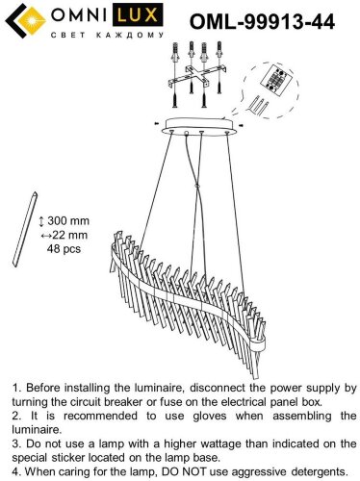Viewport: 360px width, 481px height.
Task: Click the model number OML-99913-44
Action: pyautogui.click(x=262, y=22)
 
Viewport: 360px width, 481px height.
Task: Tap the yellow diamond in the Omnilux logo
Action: pyautogui.click(x=32, y=21)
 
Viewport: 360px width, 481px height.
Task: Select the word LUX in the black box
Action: pyautogui.click(x=137, y=15)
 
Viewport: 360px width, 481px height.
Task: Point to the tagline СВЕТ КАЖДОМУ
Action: pyautogui.click(x=108, y=35)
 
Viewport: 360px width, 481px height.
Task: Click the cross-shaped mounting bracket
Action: pyautogui.click(x=198, y=76)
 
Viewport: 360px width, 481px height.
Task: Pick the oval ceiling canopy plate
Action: pyautogui.click(x=200, y=127)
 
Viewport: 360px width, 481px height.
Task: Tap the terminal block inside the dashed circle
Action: pyautogui.click(x=276, y=80)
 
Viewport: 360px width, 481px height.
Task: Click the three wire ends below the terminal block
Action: pyautogui.click(x=258, y=105)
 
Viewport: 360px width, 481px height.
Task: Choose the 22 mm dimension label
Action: pyautogui.click(x=64, y=235)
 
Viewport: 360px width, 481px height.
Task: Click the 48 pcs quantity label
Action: pyautogui.click(x=64, y=249)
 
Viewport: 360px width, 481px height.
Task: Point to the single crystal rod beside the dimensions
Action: pyautogui.click(x=25, y=229)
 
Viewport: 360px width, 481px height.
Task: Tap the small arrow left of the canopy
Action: pyautogui.click(x=156, y=123)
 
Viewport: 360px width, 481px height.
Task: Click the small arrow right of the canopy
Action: pyautogui.click(x=242, y=125)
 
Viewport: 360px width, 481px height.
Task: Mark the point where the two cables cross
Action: pyautogui.click(x=197, y=186)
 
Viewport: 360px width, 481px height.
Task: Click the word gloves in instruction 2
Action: pyautogui.click(x=210, y=417)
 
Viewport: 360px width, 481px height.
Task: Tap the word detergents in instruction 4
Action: pyautogui.click(x=320, y=472)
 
